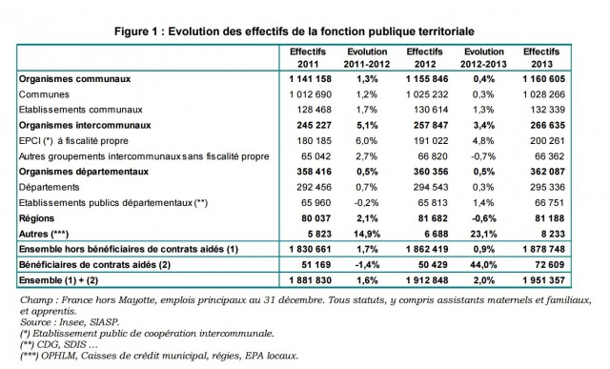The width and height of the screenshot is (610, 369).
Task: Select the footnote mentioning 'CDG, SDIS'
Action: (57, 345)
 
